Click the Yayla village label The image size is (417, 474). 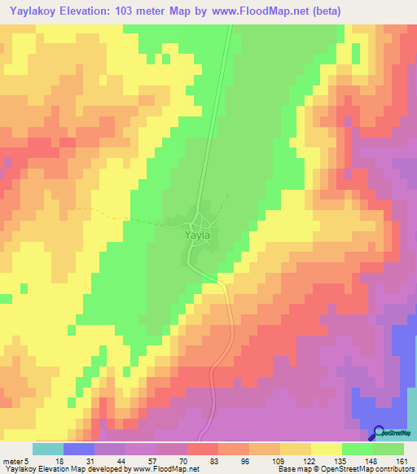(x=199, y=236)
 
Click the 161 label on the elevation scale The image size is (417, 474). (x=401, y=461)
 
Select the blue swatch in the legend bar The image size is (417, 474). (x=78, y=449)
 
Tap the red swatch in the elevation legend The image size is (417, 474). (x=203, y=449)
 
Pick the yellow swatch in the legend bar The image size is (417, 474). (x=327, y=449)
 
